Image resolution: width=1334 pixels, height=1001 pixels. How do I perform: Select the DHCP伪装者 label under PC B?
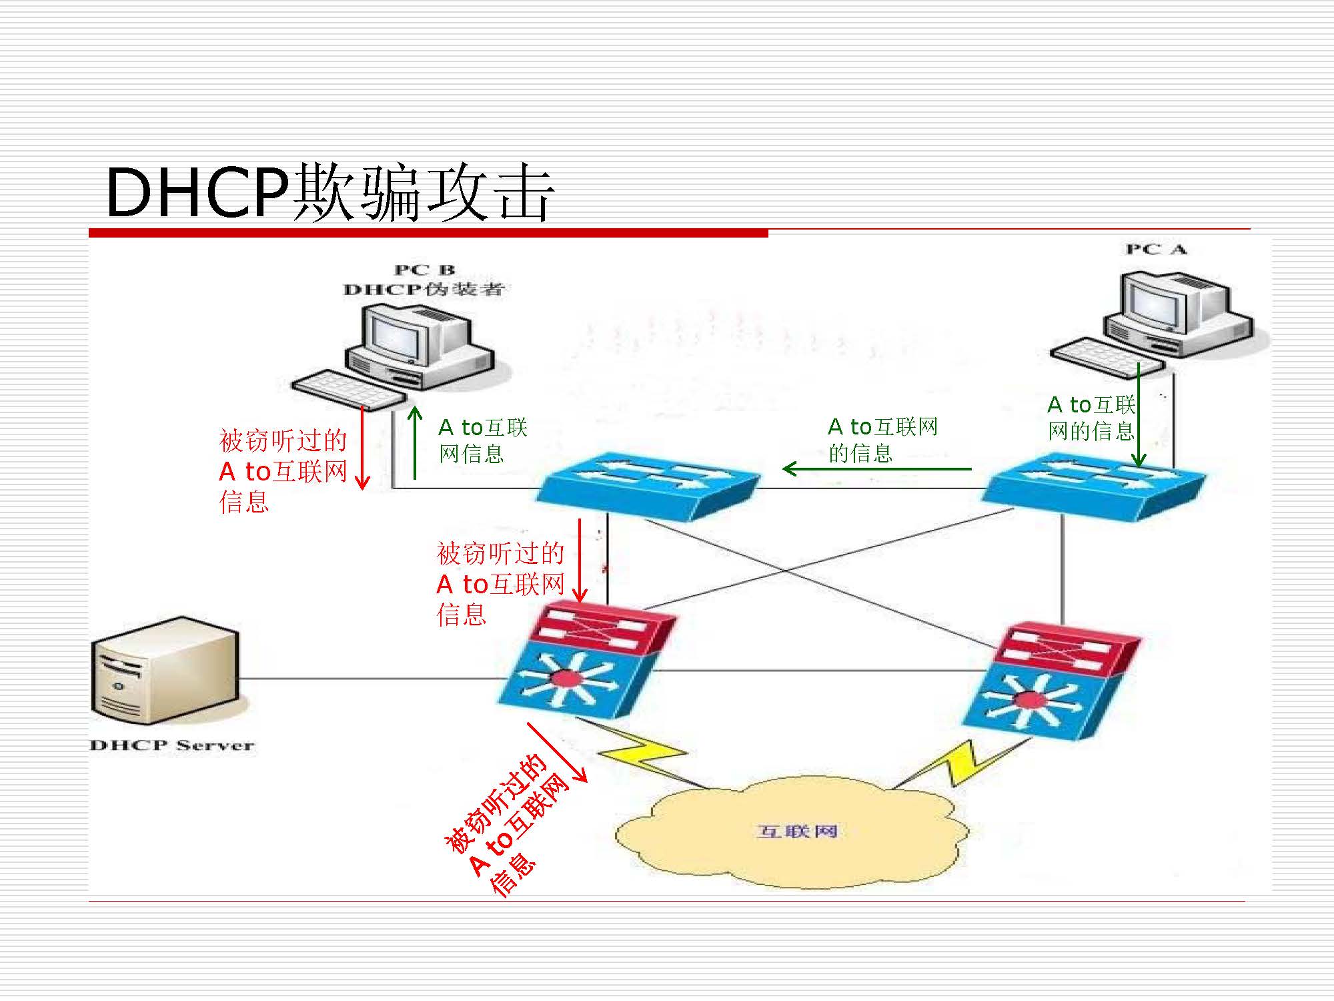pos(424,290)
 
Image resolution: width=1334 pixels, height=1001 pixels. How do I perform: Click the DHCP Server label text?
pos(172,745)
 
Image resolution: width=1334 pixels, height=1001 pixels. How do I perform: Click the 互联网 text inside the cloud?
pos(797,831)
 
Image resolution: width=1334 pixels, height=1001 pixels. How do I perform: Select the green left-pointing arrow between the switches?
pos(876,469)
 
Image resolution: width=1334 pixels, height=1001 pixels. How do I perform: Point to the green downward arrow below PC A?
pos(1139,414)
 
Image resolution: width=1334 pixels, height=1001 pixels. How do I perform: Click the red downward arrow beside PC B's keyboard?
pos(362,447)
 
